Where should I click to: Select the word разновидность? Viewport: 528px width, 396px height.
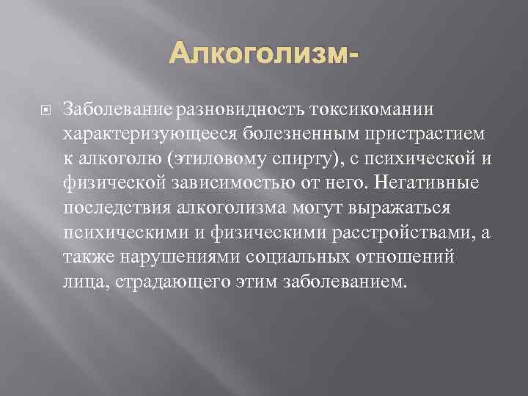coord(237,109)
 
